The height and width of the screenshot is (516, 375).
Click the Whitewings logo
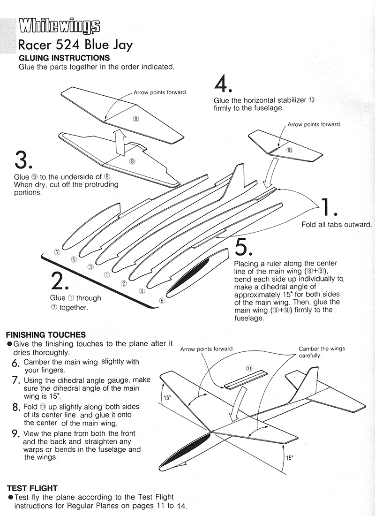pos(59,27)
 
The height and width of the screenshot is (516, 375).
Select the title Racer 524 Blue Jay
pos(75,45)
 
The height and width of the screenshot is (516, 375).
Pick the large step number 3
pos(23,160)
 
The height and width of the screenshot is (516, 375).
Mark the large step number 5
pos(244,247)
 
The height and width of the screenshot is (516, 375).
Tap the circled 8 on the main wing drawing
pos(136,119)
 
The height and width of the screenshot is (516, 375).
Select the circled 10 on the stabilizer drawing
pos(289,150)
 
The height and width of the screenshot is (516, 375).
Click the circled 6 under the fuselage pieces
pos(162,301)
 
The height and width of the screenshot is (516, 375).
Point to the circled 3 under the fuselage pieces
pos(90,267)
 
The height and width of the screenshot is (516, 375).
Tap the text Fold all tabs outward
pos(336,225)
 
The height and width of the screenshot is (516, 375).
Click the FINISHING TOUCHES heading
pos(45,335)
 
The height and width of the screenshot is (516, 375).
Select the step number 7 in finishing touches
pos(15,380)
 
